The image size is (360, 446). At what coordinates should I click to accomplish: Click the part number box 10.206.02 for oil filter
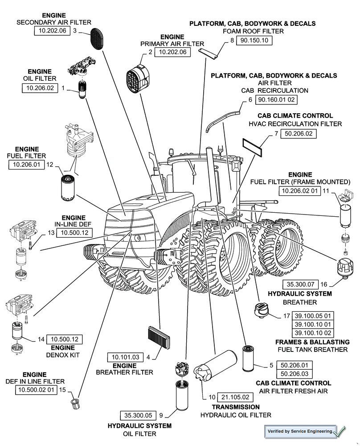tap(40, 88)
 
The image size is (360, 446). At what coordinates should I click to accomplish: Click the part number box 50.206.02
tap(299, 133)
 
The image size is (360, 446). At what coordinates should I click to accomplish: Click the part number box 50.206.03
tap(295, 374)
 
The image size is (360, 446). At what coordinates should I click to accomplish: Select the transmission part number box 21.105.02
tap(235, 397)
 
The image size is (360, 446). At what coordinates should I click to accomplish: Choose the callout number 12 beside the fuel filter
tap(50, 165)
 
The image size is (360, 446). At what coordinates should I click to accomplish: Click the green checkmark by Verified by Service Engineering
tap(341, 431)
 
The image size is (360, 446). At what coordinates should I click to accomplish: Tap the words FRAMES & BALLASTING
tap(312, 342)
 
